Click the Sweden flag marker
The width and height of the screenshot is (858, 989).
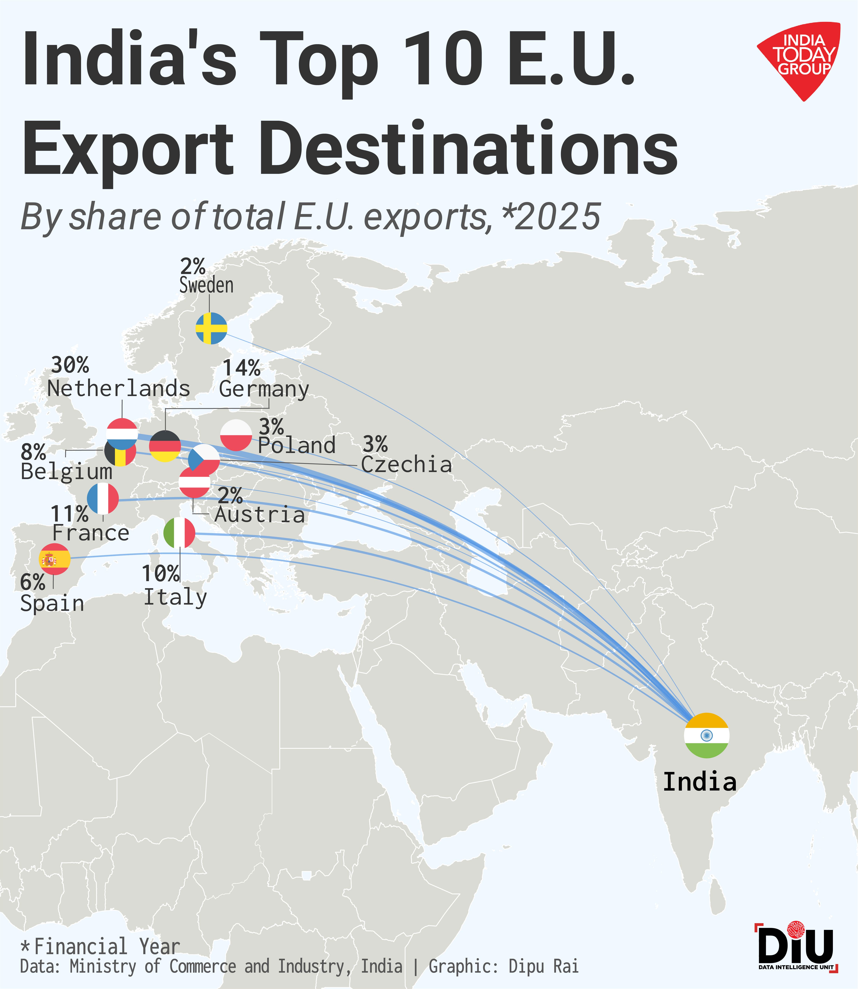point(211,328)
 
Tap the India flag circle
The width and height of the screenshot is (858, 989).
point(706,736)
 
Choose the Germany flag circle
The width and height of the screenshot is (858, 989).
point(165,446)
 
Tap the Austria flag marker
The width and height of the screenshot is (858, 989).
point(194,482)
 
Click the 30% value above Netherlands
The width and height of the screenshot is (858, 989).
point(70,366)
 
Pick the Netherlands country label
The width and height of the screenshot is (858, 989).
point(119,389)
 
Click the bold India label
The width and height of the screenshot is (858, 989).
point(699,782)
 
